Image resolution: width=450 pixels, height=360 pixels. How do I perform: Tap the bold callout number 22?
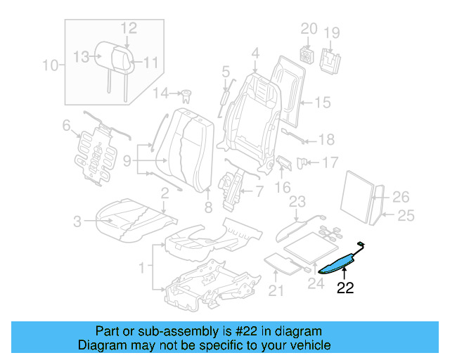pos(345,288)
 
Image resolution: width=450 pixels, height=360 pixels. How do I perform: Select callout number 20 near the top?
pos(309,30)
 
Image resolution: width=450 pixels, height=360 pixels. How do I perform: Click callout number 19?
pos(331,32)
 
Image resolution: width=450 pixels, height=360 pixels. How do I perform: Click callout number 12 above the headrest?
pos(128,28)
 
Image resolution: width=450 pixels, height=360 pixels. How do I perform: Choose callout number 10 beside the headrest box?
pos(49,67)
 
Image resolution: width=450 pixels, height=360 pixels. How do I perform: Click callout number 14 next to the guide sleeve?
pos(161,94)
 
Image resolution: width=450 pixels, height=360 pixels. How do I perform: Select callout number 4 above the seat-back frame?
pos(255,52)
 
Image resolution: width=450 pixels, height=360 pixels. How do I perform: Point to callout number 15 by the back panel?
pos(321,103)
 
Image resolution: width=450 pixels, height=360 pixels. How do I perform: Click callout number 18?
pos(327,139)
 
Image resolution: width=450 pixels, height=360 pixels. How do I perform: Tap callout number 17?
pos(330,162)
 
